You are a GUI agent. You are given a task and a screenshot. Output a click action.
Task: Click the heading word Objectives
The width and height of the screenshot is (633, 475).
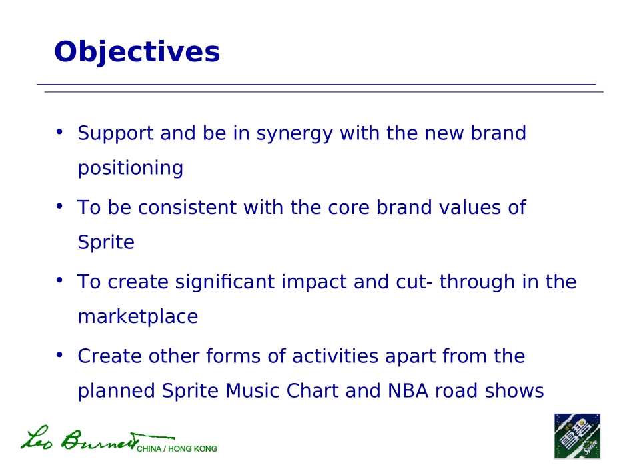pos(137,53)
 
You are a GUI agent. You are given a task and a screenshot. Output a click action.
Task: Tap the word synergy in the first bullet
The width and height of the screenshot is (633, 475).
pos(295,134)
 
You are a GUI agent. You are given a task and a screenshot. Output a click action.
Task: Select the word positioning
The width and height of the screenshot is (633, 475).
pos(131,169)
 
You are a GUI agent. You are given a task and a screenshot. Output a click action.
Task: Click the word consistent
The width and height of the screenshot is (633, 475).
pos(187,207)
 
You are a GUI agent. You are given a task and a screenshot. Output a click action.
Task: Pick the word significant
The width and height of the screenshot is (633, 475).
pos(225,282)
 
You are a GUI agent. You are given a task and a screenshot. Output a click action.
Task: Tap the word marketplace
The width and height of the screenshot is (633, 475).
pos(138,317)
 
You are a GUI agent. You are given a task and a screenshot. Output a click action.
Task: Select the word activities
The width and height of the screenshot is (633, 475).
pos(335,356)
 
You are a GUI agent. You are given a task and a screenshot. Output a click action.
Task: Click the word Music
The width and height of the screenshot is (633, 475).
pos(253,390)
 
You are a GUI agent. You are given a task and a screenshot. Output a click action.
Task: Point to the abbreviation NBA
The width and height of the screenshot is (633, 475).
pos(408,390)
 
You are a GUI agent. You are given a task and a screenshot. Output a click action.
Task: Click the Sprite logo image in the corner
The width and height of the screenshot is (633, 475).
pos(577,436)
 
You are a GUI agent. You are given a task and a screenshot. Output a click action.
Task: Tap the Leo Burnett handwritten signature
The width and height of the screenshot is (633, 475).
pos(98,438)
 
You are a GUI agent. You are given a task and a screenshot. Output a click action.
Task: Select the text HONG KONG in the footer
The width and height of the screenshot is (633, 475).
pos(193,449)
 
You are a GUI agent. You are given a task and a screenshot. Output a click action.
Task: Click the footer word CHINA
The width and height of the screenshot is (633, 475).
pos(149,449)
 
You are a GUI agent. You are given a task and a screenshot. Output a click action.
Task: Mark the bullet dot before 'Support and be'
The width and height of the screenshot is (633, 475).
pos(59,131)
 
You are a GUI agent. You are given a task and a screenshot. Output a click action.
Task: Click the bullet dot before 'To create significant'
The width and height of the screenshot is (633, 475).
pos(59,280)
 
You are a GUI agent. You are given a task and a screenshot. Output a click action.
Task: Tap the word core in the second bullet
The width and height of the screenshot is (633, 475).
pos(348,208)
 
